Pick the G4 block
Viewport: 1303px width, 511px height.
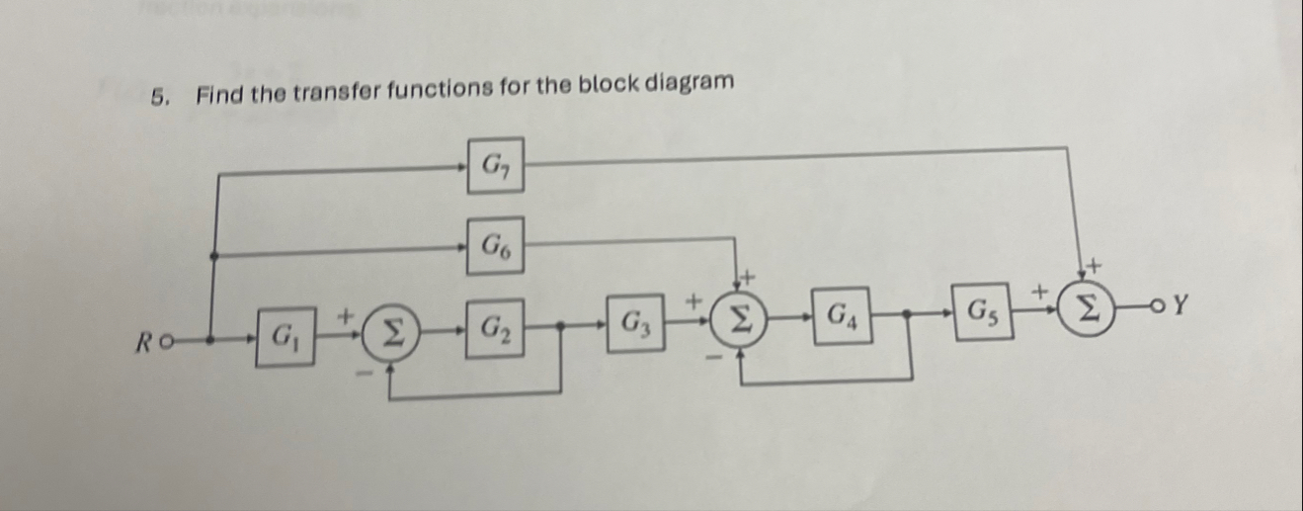pos(842,316)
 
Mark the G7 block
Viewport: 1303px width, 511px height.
pos(496,165)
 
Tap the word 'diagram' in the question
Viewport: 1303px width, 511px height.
pos(691,83)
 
